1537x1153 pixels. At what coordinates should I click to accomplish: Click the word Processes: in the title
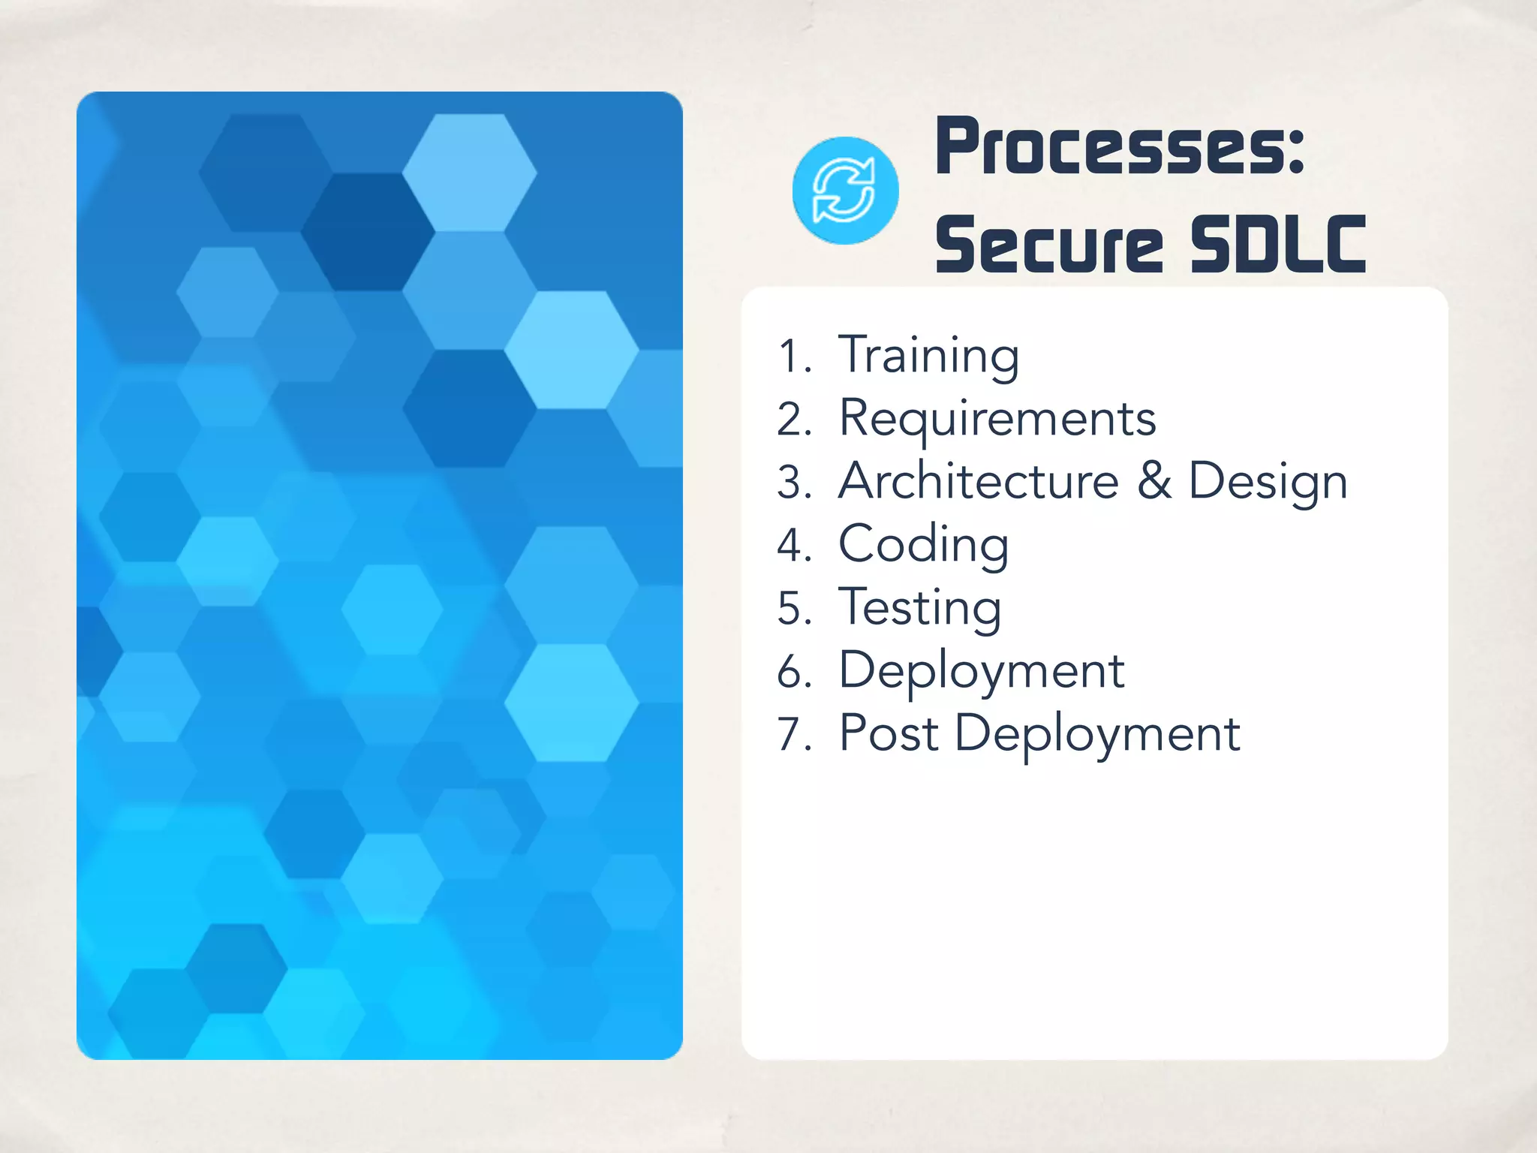click(1120, 147)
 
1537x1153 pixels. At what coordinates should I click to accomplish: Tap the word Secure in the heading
click(1049, 245)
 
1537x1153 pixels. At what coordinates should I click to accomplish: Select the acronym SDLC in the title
click(1278, 245)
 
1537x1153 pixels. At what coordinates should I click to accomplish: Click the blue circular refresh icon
click(845, 191)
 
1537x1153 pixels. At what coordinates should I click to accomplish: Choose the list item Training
click(928, 355)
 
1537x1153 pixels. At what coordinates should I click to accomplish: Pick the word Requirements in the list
click(997, 418)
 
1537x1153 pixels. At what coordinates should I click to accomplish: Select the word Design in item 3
click(1268, 482)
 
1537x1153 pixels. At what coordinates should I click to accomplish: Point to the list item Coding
click(923, 544)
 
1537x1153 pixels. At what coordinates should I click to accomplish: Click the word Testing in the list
click(920, 608)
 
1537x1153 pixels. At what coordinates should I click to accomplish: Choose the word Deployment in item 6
click(982, 671)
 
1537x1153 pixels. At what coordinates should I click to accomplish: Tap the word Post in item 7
click(889, 733)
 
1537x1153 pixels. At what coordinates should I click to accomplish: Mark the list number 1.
click(793, 357)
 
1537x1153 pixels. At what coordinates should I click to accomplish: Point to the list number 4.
click(794, 546)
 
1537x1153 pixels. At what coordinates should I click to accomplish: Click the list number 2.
click(794, 420)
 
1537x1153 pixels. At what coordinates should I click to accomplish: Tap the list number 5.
click(794, 609)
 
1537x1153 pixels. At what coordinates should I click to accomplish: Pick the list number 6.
click(794, 672)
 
